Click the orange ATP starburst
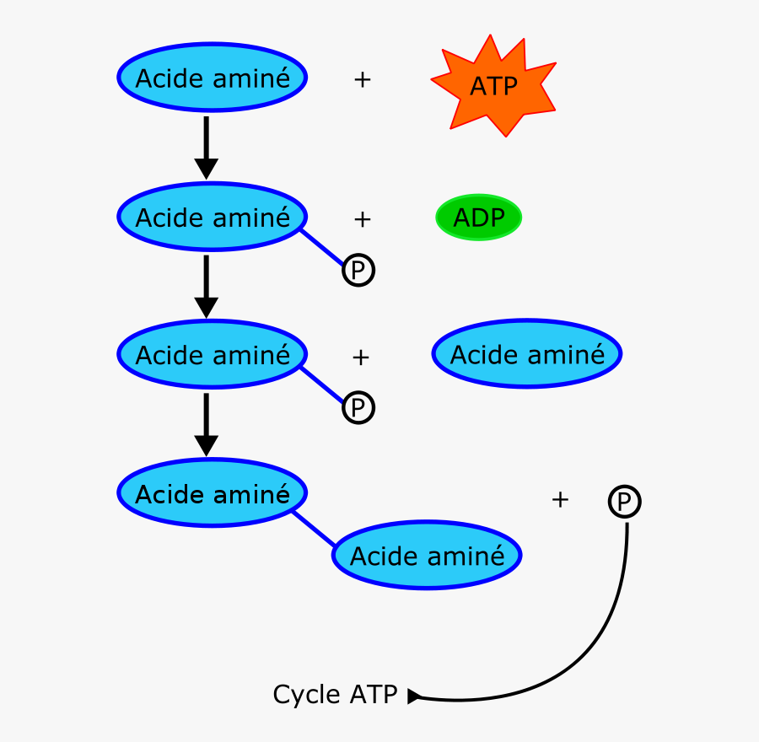[x=493, y=86]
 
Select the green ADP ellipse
[x=478, y=218]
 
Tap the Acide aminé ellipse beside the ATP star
[x=212, y=78]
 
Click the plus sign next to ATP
[x=362, y=80]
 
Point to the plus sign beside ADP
[x=362, y=219]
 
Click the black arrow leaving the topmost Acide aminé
[x=206, y=147]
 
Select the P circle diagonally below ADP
[x=358, y=271]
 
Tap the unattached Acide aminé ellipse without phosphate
[x=527, y=354]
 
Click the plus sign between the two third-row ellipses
[x=361, y=358]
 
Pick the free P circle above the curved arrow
[x=624, y=503]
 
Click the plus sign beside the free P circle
[x=560, y=500]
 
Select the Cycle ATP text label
[x=335, y=695]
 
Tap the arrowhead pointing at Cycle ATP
[x=413, y=696]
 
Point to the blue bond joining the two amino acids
[x=314, y=529]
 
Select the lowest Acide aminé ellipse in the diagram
[x=427, y=556]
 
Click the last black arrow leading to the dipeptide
[x=206, y=423]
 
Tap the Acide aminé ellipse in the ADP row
[x=212, y=218]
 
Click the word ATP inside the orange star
[x=493, y=87]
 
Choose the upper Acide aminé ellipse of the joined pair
[x=212, y=493]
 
